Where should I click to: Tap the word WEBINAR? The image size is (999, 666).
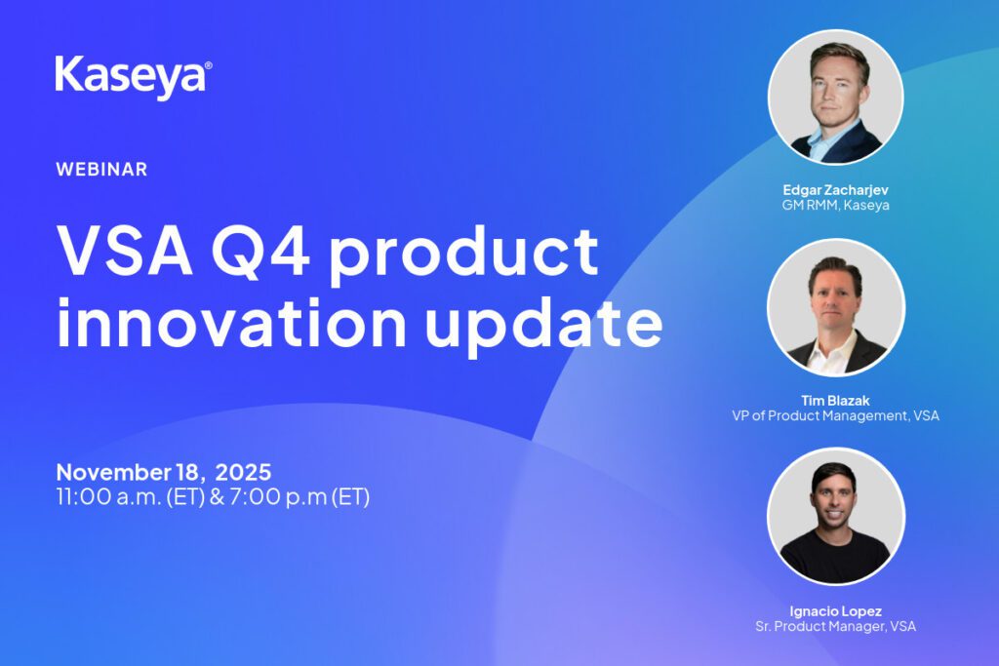click(x=101, y=170)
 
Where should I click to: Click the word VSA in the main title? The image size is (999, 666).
click(x=125, y=251)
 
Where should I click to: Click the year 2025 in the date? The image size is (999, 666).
click(x=243, y=472)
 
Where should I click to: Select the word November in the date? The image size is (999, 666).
click(x=114, y=472)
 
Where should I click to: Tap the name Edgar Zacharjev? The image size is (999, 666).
click(x=835, y=190)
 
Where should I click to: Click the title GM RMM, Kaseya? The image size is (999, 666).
click(x=835, y=205)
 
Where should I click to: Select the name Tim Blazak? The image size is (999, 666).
click(x=835, y=401)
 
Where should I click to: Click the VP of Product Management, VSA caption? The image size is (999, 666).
click(x=835, y=415)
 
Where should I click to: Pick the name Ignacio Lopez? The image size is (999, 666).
click(x=835, y=611)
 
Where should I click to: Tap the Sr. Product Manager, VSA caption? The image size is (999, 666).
click(x=835, y=627)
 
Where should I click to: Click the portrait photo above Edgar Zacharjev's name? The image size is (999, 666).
click(x=835, y=98)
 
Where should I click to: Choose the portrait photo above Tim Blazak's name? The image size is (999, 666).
click(x=835, y=308)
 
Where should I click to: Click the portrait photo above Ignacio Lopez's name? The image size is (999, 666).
click(x=835, y=517)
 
